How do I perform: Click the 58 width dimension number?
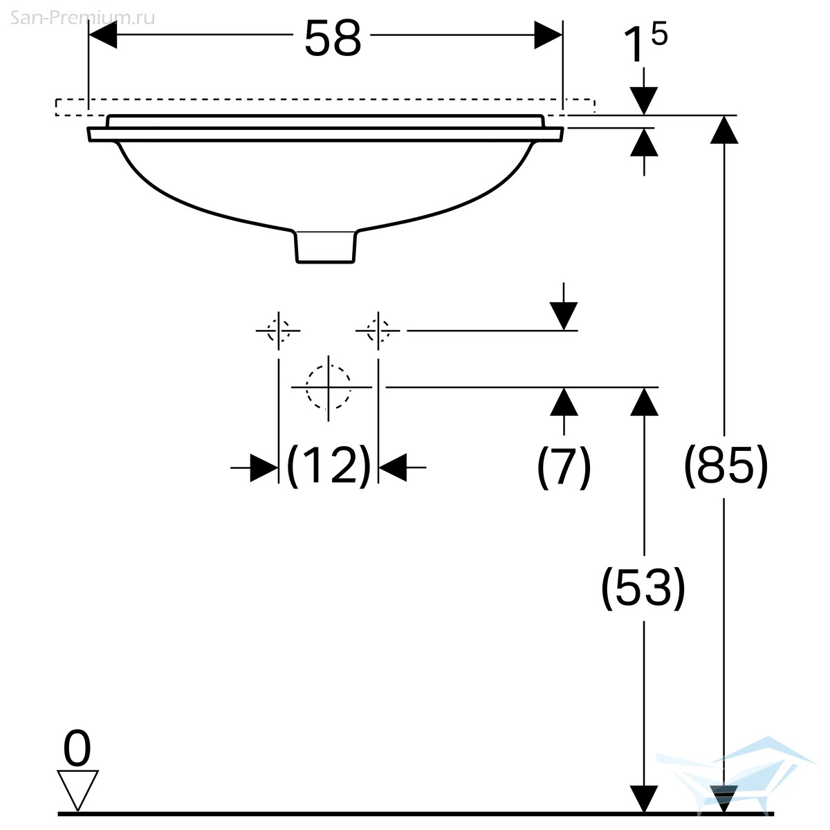pyautogui.click(x=333, y=39)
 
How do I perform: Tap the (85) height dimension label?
pyautogui.click(x=726, y=466)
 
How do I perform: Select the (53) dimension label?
pyautogui.click(x=643, y=588)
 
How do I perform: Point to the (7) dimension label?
pyautogui.click(x=564, y=466)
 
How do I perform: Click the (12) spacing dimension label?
pyautogui.click(x=329, y=466)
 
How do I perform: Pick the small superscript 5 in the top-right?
pyautogui.click(x=659, y=34)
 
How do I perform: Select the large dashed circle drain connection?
pyautogui.click(x=329, y=387)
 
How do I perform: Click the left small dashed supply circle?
pyautogui.click(x=278, y=331)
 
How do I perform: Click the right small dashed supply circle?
pyautogui.click(x=378, y=331)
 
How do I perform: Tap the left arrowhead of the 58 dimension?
pyautogui.click(x=102, y=35)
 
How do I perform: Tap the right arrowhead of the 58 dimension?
pyautogui.click(x=548, y=35)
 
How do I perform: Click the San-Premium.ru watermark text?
pyautogui.click(x=82, y=18)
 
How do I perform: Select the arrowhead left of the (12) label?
pyautogui.click(x=264, y=468)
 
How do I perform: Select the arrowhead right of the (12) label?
pyautogui.click(x=392, y=468)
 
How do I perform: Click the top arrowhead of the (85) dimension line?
pyautogui.click(x=724, y=129)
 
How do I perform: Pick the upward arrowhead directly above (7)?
pyautogui.click(x=564, y=401)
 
